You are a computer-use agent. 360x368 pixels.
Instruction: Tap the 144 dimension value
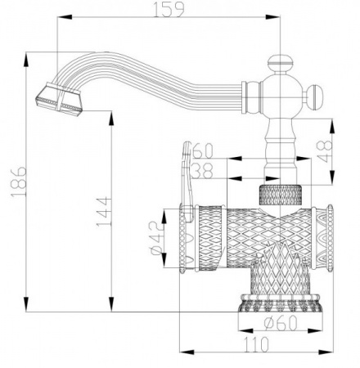click(100, 214)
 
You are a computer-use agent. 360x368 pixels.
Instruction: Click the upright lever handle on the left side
click(187, 180)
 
